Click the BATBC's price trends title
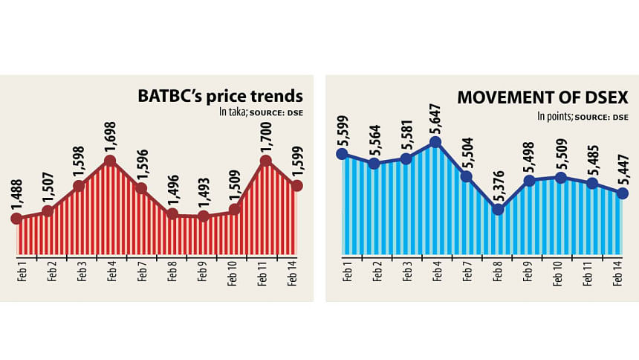pos(219,96)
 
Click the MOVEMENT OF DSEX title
pos(543,97)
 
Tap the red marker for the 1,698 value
pos(110,161)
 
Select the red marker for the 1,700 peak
pos(265,160)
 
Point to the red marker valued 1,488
pos(16,218)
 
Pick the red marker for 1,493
pos(203,216)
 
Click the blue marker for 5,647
pos(435,142)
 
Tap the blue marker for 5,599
pos(342,154)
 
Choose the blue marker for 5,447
pos(622,193)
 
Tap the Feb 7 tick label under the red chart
pos(141,272)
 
